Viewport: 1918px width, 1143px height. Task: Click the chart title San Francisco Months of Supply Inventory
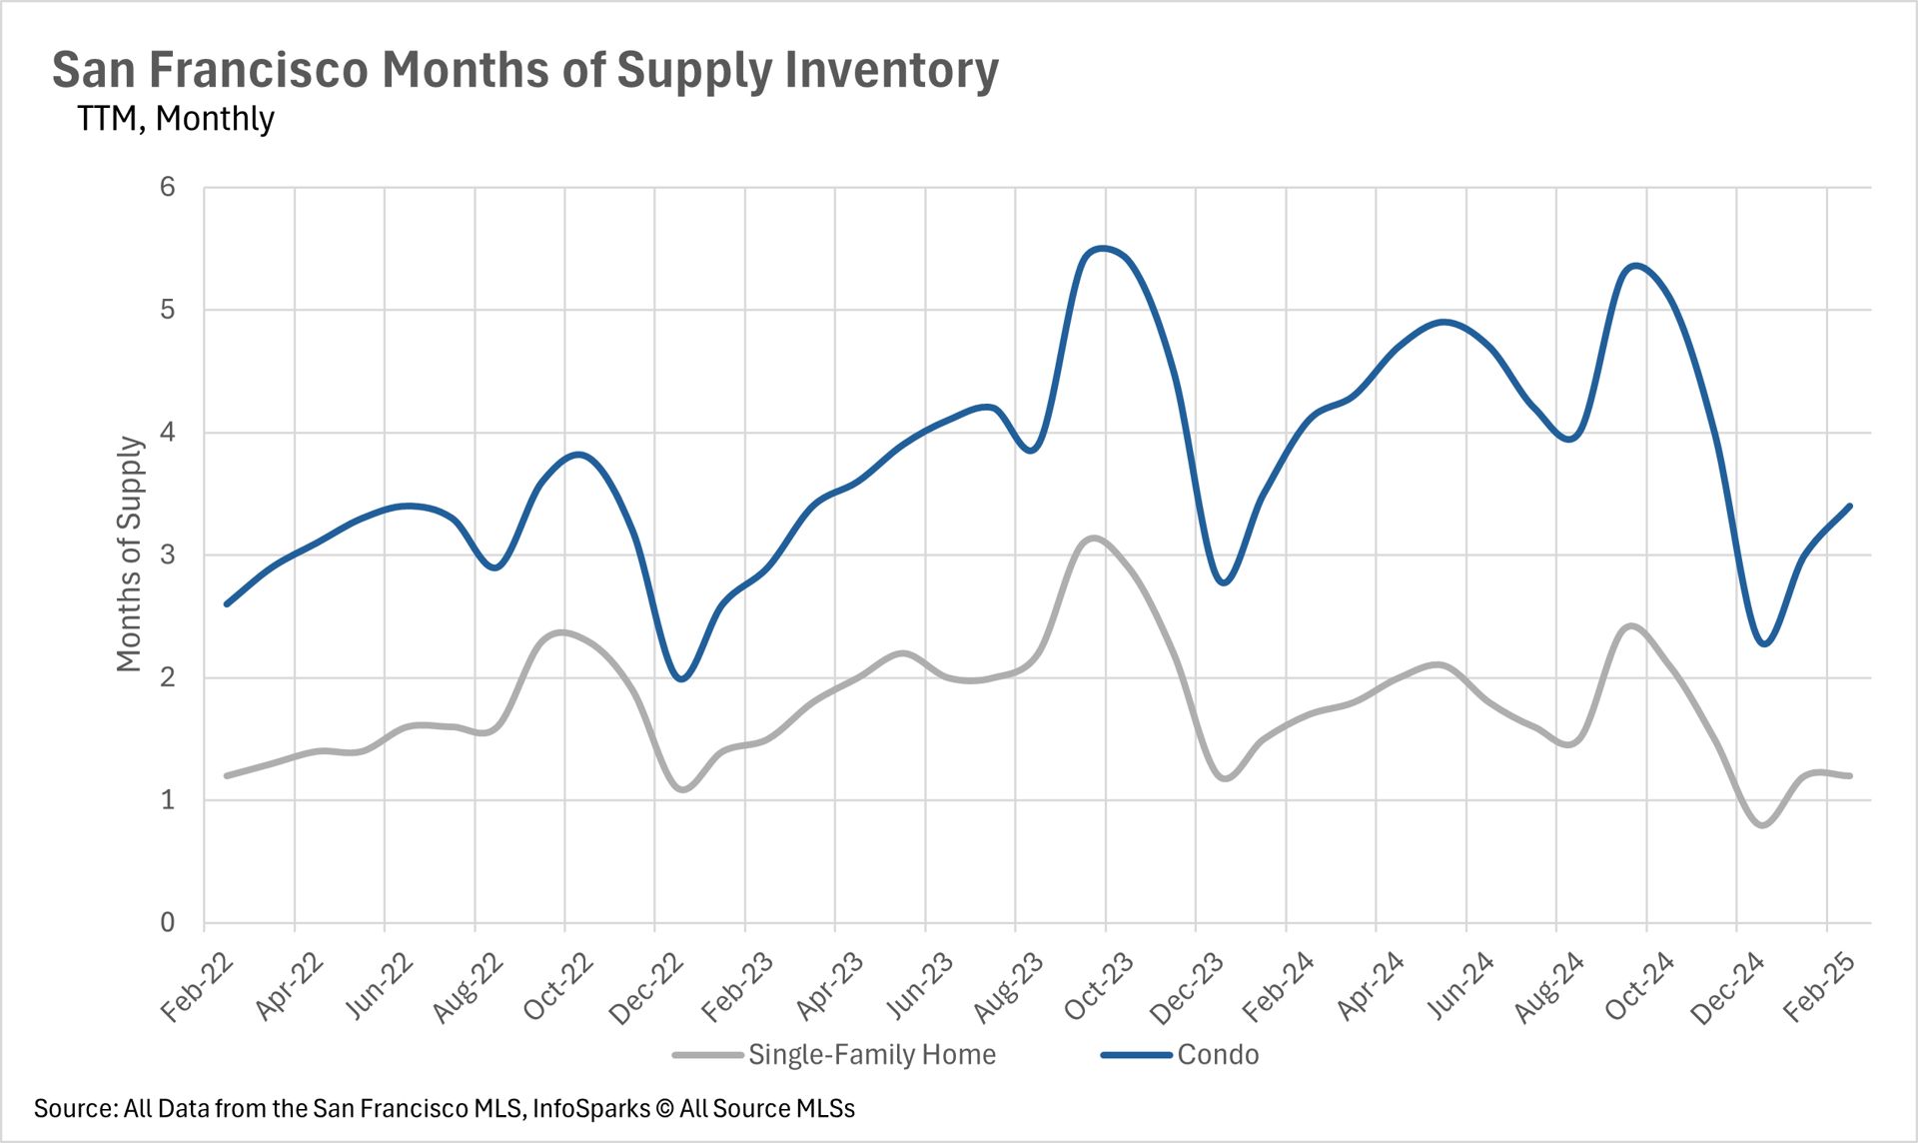[x=525, y=70]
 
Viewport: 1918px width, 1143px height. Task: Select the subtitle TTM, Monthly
[x=176, y=119]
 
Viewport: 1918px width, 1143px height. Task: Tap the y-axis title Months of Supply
[x=130, y=554]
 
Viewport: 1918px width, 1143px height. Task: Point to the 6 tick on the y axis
[x=167, y=187]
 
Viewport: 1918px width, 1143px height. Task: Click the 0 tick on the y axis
[x=167, y=922]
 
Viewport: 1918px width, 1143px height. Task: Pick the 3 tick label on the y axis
[x=167, y=555]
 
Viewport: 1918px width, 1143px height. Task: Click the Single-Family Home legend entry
[x=871, y=1055]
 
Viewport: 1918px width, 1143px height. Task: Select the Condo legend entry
[x=1217, y=1055]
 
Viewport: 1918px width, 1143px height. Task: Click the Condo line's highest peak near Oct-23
[x=1101, y=248]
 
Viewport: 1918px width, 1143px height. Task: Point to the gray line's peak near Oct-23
[x=1094, y=539]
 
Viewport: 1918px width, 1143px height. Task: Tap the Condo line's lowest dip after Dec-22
[x=682, y=679]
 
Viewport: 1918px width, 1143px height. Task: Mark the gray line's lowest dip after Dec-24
[x=1763, y=825]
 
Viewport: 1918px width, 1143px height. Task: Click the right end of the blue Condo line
[x=1850, y=506]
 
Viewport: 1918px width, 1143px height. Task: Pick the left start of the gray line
[x=227, y=775]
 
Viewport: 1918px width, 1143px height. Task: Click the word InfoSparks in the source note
[x=590, y=1109]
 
